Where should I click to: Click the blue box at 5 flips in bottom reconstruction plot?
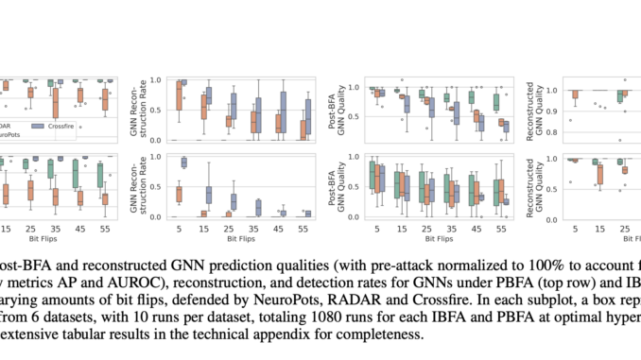click(x=183, y=163)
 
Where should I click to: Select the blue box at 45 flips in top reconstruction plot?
click(x=282, y=110)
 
